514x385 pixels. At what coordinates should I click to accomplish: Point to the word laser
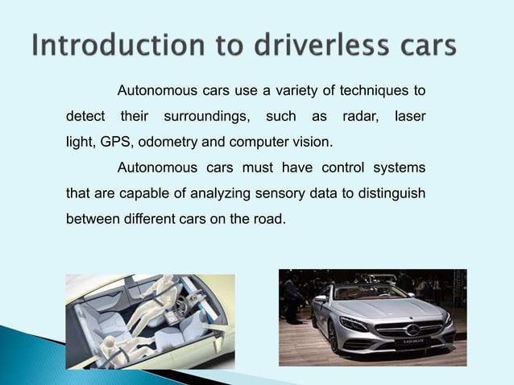coord(410,117)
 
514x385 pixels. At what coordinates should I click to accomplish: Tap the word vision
coord(311,143)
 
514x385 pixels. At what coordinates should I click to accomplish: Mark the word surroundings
coord(206,117)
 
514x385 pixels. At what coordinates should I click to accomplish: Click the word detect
coord(84,117)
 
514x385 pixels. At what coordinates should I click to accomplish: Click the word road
coord(268,218)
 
